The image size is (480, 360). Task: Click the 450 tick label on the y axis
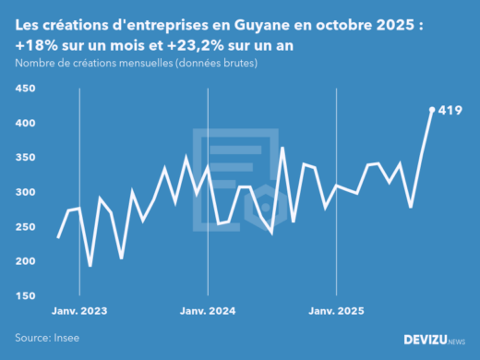click(25, 89)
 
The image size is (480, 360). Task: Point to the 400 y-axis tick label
click(25, 123)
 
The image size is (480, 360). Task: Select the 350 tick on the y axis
click(25, 158)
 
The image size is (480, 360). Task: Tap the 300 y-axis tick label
click(25, 192)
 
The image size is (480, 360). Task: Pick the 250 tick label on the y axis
click(25, 227)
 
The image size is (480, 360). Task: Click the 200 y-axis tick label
click(25, 261)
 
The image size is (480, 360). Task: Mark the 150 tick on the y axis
click(25, 295)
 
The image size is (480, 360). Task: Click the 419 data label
click(450, 111)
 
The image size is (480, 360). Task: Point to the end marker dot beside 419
click(432, 110)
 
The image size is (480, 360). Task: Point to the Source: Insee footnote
click(47, 339)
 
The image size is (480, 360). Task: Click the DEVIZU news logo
click(435, 341)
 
